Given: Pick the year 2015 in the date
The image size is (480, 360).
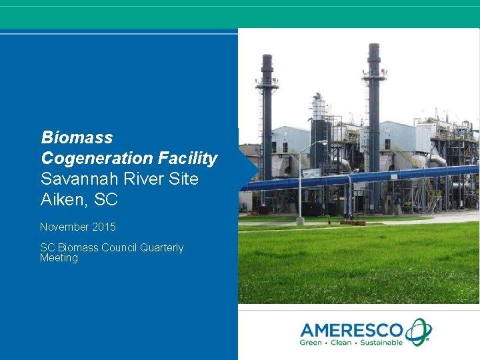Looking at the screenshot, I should pos(104,227).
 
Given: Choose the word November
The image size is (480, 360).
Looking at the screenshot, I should pos(65,227).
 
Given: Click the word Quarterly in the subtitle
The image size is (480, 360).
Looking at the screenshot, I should pos(161,248).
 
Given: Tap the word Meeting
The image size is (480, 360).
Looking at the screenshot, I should pos(59,259).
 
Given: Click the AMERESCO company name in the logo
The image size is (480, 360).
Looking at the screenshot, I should pos(351,329).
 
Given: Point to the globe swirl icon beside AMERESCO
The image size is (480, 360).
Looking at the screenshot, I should pos(419,331).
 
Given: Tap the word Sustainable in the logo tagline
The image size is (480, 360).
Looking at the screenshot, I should pos(381,343).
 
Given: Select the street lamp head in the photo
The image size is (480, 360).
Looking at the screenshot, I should pos(323,142).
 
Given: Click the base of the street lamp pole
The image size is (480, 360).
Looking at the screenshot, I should pos(301,220).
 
